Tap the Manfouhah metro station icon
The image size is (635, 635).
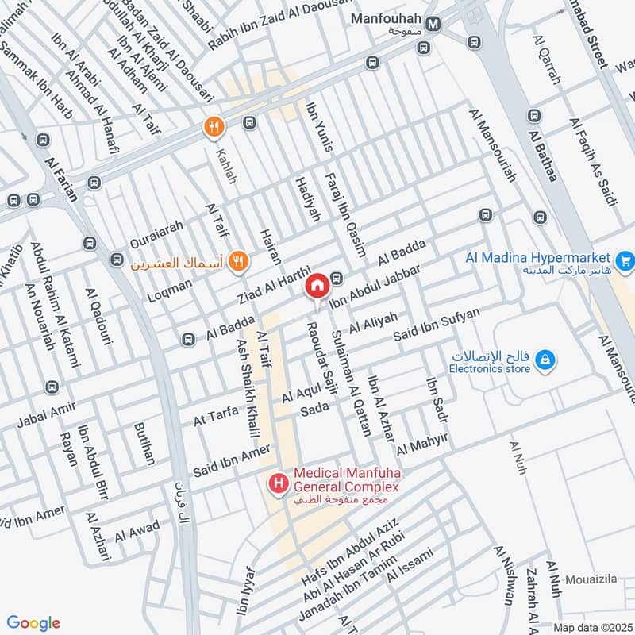tap(433, 25)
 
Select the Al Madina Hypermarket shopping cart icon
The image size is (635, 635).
tap(625, 259)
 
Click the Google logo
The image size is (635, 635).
tap(33, 623)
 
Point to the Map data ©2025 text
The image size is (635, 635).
tap(591, 627)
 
